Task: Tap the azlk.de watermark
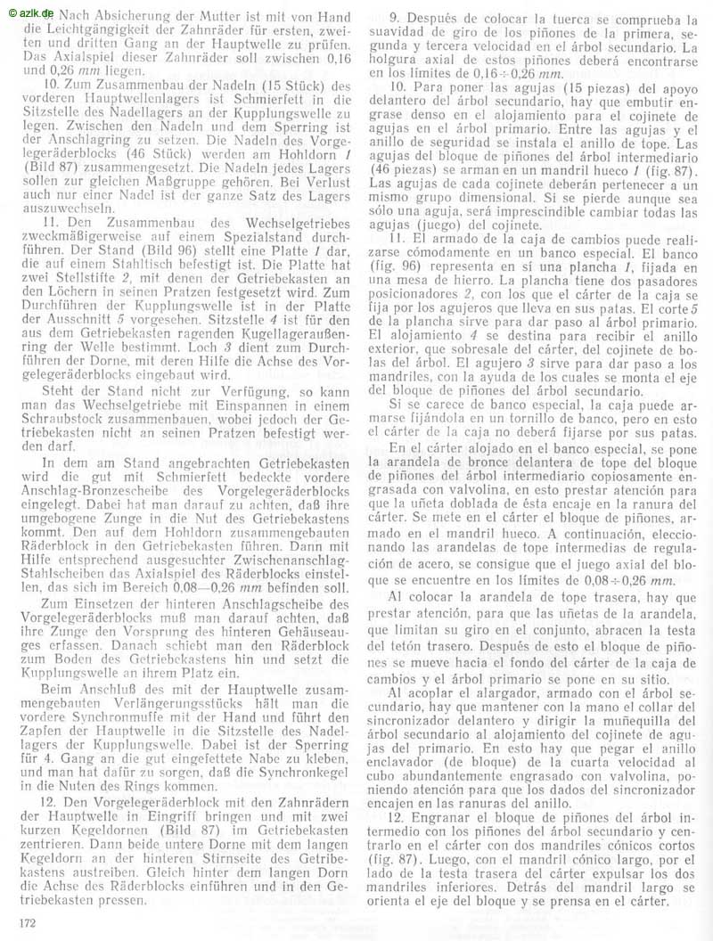point(29,9)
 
